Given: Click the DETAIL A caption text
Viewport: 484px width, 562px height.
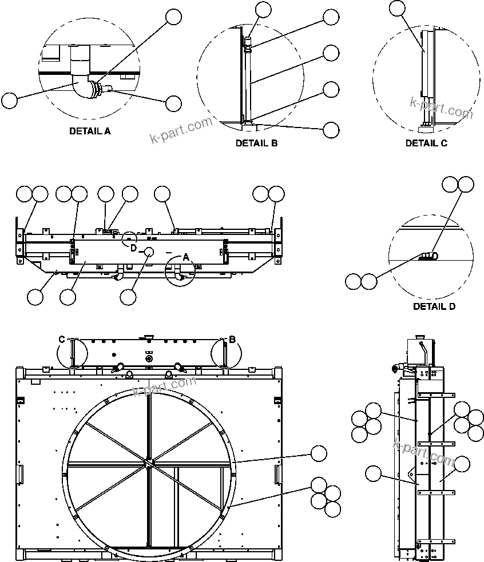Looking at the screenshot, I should click(90, 131).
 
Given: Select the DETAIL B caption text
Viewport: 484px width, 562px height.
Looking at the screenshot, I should click(256, 144).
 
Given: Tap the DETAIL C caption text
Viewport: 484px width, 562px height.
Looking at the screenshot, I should click(426, 144).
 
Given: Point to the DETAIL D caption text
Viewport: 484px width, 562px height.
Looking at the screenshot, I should click(434, 306).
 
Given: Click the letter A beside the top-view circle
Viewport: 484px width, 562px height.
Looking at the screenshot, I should click(185, 257).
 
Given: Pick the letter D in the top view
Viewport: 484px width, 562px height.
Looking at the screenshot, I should click(133, 248).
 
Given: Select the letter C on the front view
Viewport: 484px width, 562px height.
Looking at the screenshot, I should click(62, 340).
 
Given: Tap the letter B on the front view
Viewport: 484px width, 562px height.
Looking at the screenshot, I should click(232, 340).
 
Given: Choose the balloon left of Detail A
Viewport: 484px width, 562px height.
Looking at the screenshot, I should click(9, 101).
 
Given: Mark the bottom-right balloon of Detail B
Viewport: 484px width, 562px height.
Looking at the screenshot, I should click(331, 130).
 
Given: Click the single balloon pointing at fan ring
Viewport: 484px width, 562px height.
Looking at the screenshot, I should click(319, 454).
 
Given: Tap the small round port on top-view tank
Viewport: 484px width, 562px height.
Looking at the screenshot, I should click(149, 252).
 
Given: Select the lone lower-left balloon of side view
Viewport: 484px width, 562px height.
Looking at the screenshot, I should click(373, 473).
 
